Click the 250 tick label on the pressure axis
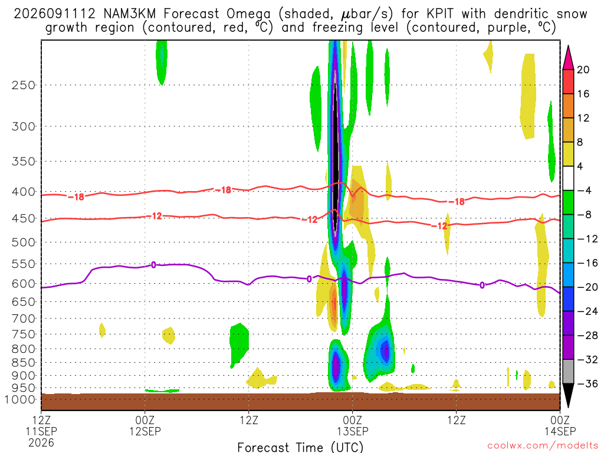[x=24, y=85]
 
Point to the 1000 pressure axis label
[x=19, y=399]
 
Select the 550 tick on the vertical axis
[x=24, y=264]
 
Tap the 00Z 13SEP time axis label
[x=353, y=425]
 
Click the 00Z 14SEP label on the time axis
[x=560, y=425]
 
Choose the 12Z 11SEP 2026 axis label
[x=41, y=431]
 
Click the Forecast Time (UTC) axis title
[x=300, y=447]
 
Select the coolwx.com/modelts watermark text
[x=543, y=446]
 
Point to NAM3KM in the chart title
[x=130, y=14]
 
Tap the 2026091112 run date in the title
[x=54, y=14]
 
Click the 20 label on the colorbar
[x=583, y=70]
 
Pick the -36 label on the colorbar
[x=587, y=383]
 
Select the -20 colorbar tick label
[x=587, y=287]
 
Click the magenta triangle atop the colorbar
[x=568, y=57]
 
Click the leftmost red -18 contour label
[x=76, y=197]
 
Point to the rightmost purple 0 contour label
[x=482, y=285]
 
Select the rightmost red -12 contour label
[x=439, y=226]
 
